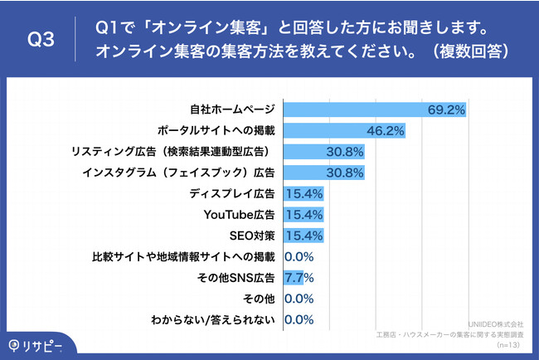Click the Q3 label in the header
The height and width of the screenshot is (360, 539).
click(41, 40)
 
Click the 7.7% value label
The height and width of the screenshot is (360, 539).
click(299, 278)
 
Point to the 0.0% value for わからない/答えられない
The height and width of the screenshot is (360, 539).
click(299, 319)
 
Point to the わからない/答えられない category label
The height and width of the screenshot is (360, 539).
click(212, 319)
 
